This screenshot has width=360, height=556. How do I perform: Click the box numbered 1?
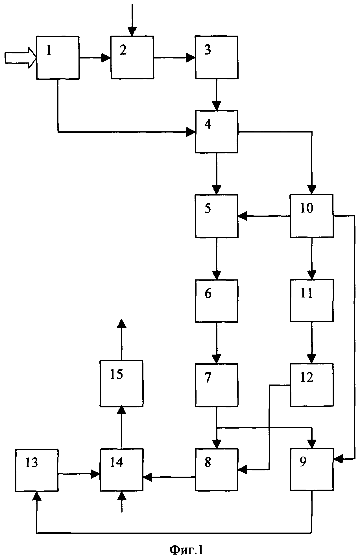click(x=58, y=57)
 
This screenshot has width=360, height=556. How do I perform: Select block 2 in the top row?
click(x=132, y=57)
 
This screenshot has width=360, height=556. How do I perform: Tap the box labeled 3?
click(x=216, y=57)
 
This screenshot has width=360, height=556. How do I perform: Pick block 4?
click(x=216, y=132)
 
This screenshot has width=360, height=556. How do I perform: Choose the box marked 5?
click(x=216, y=216)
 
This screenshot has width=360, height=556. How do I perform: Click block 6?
click(x=216, y=301)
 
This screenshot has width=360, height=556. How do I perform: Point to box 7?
click(x=216, y=385)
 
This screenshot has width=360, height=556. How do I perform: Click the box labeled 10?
click(x=312, y=216)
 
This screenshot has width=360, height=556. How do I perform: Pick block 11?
click(x=312, y=301)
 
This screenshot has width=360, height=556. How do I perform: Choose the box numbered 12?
click(x=312, y=385)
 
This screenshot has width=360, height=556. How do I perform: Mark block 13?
click(x=37, y=470)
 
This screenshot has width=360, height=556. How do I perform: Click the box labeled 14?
click(x=121, y=470)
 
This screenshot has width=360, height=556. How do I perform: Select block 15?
click(x=121, y=383)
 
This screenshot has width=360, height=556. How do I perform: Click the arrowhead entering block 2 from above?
click(x=132, y=31)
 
